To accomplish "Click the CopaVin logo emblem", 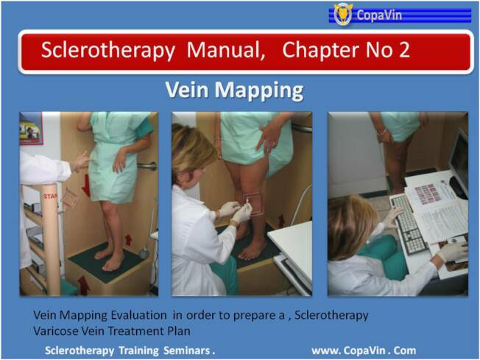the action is tap(343, 14).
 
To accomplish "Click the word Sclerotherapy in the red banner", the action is tap(108, 50).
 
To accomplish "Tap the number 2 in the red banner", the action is tap(404, 50).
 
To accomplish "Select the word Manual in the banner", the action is tap(226, 50).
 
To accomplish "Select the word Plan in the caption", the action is tap(179, 331).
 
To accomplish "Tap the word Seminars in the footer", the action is tap(187, 350).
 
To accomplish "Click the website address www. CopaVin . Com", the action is tap(364, 350).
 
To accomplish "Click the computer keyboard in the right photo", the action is tap(409, 224).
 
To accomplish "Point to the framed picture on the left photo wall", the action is tap(31, 129).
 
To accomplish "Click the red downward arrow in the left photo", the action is tap(86, 186).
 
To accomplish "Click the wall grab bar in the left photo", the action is tap(147, 166).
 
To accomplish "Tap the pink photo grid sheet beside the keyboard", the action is tap(427, 194).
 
